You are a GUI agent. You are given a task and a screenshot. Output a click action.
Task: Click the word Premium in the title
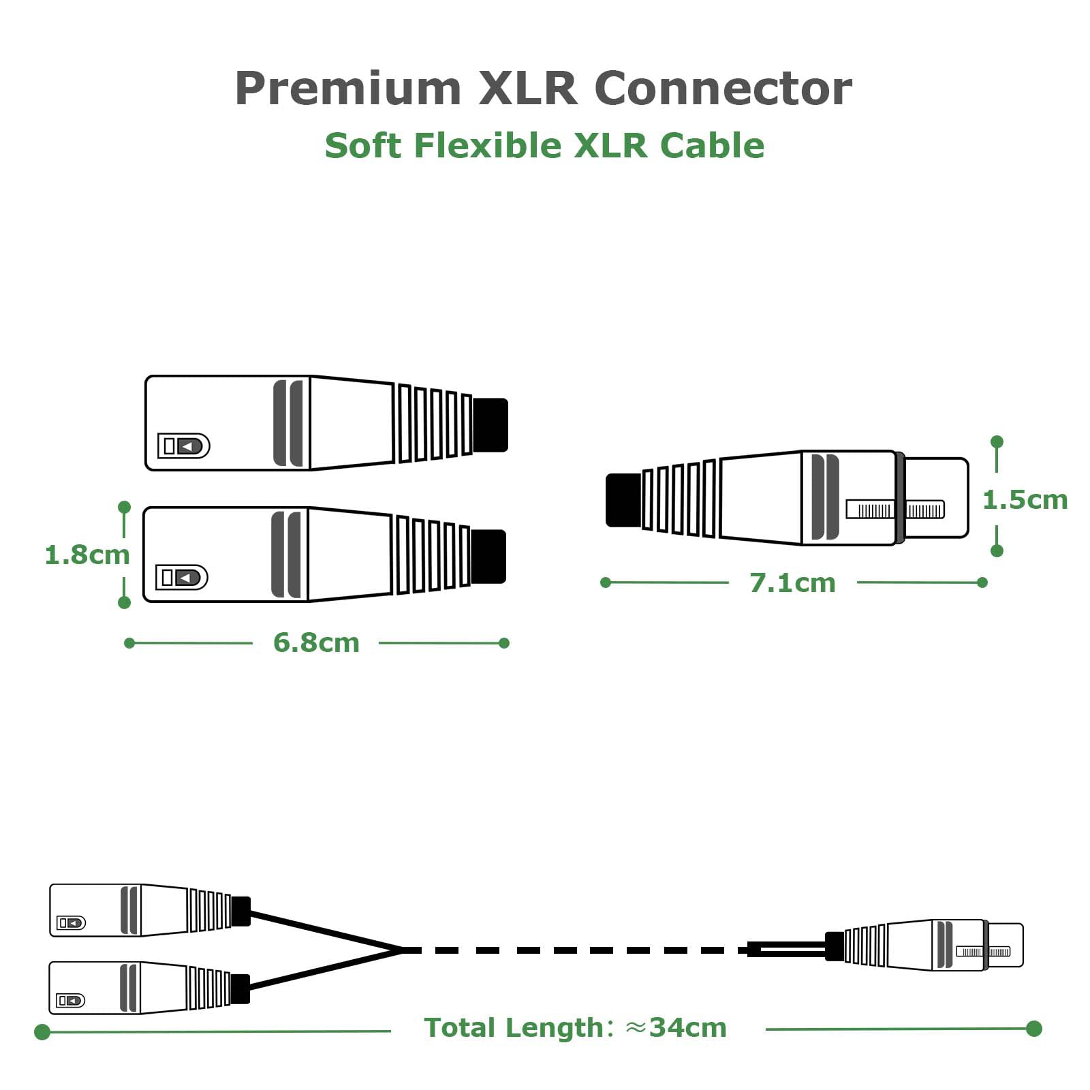(348, 89)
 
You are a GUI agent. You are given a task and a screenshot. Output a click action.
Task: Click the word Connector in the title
(723, 89)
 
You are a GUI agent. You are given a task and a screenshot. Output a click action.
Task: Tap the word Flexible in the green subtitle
(487, 146)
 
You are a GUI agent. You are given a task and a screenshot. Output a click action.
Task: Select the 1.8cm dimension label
(87, 555)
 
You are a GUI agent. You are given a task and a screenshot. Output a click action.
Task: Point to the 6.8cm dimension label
(316, 642)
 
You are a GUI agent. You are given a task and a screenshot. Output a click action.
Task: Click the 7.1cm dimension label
(792, 583)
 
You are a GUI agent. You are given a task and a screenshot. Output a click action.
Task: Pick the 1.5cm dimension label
(1025, 500)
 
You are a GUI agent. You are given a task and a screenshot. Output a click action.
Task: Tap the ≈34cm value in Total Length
(676, 1027)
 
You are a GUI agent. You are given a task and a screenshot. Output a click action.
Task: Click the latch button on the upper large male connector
(183, 446)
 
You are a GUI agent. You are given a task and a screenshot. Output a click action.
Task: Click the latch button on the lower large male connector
(181, 578)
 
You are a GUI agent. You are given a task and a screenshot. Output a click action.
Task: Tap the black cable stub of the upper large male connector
(490, 425)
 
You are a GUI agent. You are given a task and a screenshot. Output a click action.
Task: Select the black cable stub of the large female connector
(623, 500)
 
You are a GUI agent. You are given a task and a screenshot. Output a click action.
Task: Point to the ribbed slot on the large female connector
(895, 510)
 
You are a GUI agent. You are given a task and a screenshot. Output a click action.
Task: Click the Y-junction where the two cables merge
(402, 950)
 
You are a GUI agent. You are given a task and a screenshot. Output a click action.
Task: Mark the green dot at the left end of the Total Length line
(42, 1032)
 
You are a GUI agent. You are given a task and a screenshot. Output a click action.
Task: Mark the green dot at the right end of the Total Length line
(1034, 1028)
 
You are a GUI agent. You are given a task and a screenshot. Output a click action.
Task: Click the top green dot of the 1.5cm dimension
(997, 442)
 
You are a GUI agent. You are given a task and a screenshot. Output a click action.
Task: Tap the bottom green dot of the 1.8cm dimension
(124, 602)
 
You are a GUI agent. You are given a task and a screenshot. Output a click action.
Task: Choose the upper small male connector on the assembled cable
(150, 910)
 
